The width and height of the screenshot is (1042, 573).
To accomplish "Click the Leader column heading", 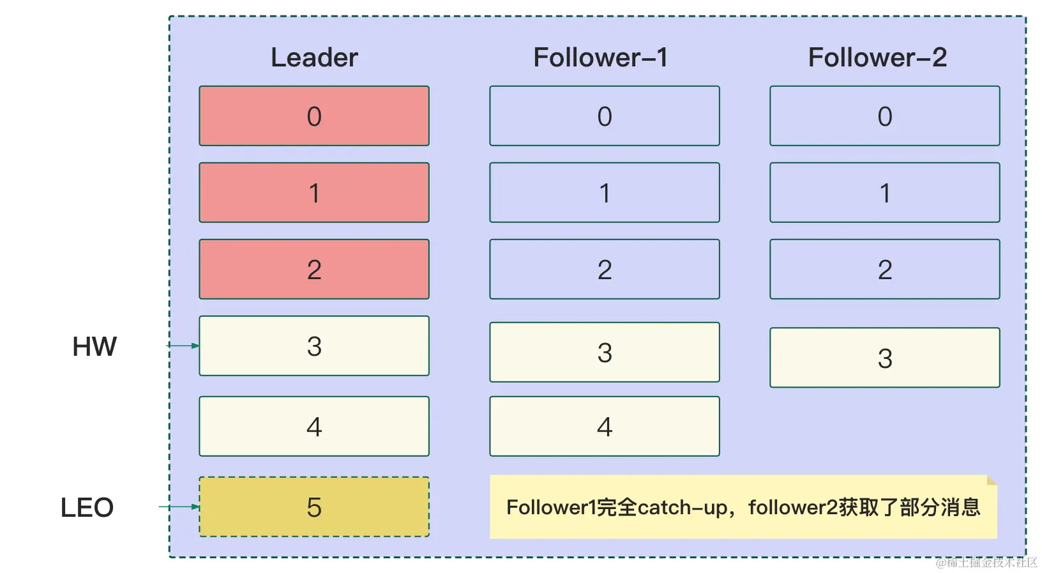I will click(314, 57).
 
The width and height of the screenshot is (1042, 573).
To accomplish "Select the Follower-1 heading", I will click(600, 57).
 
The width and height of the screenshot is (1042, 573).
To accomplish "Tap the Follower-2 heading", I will click(877, 57).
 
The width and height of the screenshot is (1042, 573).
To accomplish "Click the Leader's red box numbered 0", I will click(314, 116).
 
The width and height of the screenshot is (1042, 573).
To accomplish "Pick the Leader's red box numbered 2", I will click(314, 270).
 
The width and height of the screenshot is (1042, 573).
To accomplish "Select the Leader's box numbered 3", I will click(314, 346).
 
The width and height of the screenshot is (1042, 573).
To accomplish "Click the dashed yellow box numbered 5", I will click(314, 507).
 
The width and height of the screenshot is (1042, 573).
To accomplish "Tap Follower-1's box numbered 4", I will click(605, 427).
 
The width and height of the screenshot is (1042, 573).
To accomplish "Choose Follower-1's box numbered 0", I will click(605, 116).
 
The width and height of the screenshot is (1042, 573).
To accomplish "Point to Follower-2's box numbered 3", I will click(885, 358).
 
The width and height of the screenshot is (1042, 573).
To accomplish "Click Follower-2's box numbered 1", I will click(885, 193).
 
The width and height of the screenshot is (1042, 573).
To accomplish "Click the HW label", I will click(94, 347).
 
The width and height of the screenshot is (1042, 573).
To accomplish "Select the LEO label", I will click(87, 508).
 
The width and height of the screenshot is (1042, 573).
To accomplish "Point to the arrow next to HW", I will click(183, 346).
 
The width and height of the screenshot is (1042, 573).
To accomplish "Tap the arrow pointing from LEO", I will click(179, 507).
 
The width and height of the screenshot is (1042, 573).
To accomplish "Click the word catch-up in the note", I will click(683, 508).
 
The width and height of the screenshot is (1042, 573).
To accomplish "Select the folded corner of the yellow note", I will click(992, 480).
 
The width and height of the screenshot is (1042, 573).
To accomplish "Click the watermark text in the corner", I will click(986, 562).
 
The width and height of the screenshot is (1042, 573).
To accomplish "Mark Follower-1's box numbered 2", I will click(605, 270).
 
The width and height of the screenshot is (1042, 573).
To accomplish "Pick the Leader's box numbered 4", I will click(314, 427).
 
